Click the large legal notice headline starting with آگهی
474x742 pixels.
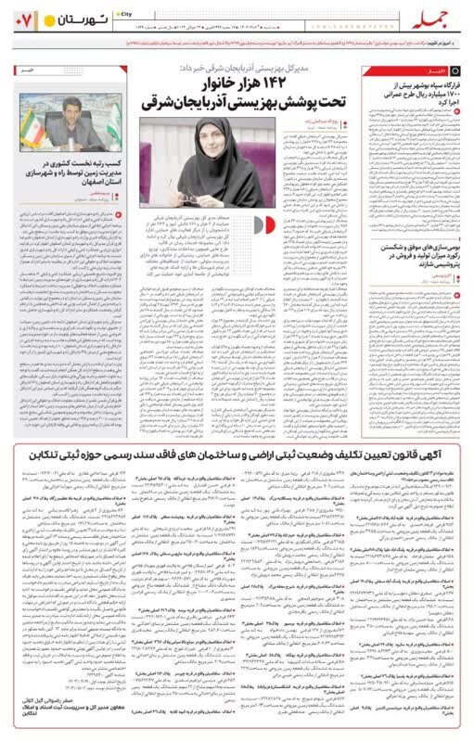237,450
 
